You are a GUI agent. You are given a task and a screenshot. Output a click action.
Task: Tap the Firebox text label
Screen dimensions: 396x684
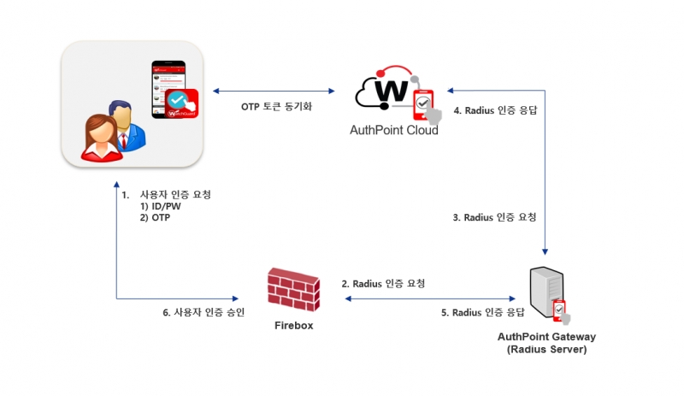pos(294,326)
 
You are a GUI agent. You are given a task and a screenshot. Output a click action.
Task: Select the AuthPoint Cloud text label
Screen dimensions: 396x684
pos(394,131)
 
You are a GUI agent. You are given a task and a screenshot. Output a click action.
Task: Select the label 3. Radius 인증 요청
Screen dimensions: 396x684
pos(494,218)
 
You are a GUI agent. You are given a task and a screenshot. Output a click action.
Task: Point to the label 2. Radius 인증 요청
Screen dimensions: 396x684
pos(383,283)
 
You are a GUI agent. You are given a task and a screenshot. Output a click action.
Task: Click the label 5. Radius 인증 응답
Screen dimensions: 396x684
pos(483,313)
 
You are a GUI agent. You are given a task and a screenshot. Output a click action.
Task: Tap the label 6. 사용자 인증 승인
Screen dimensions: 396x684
pos(203,312)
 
